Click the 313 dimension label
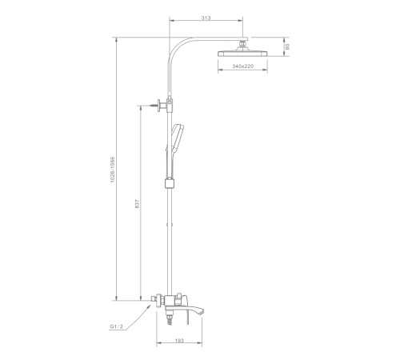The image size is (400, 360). point(206,18)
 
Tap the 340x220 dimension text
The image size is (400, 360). point(242,66)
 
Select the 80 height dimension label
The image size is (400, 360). point(287,47)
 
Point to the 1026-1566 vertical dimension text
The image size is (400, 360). point(113,170)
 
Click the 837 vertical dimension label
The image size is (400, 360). point(138,204)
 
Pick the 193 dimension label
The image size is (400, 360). point(179,341)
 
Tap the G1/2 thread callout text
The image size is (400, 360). point(117,326)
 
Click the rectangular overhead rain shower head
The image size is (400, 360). point(242,54)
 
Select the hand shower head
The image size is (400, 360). point(177,137)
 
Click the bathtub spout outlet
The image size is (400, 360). point(198,310)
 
